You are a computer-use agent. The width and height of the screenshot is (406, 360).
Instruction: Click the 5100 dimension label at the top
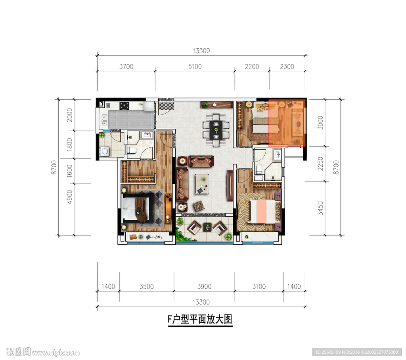point(195,67)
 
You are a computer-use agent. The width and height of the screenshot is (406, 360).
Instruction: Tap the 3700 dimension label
point(126,67)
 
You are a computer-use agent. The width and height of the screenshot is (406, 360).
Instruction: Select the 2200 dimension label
point(252,67)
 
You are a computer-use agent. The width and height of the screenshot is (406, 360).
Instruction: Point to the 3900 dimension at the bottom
point(204,287)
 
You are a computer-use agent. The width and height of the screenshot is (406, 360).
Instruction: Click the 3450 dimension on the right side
point(320,208)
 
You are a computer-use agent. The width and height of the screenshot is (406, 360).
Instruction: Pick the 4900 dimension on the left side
point(69,197)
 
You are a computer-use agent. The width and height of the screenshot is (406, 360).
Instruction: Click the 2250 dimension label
point(320,164)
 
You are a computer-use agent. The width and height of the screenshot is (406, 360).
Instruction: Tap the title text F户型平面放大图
point(200,319)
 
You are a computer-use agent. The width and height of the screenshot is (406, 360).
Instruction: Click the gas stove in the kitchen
point(124,106)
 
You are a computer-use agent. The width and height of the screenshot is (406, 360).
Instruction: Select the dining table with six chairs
point(216,130)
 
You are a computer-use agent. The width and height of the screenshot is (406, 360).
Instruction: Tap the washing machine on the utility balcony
point(105,151)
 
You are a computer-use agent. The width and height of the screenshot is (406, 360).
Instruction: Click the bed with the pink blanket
point(264,211)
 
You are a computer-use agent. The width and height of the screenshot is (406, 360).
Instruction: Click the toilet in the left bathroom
point(132,150)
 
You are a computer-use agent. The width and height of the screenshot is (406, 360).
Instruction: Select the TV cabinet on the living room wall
point(230,185)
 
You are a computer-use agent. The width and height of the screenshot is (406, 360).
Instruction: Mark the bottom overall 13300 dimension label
point(201,302)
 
